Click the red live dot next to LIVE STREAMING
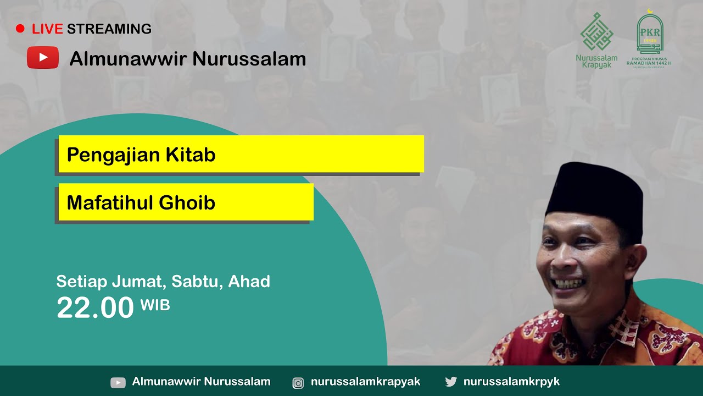[20, 29]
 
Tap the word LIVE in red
[47, 29]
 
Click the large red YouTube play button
[43, 58]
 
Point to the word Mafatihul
[110, 203]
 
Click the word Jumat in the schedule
[139, 282]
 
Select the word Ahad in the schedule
[249, 282]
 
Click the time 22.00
[95, 308]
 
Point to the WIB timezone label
[155, 305]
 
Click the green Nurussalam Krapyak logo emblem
[596, 33]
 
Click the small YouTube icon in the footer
[118, 382]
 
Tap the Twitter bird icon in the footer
[451, 382]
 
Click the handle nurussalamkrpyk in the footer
[511, 382]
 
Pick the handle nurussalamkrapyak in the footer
[365, 382]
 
